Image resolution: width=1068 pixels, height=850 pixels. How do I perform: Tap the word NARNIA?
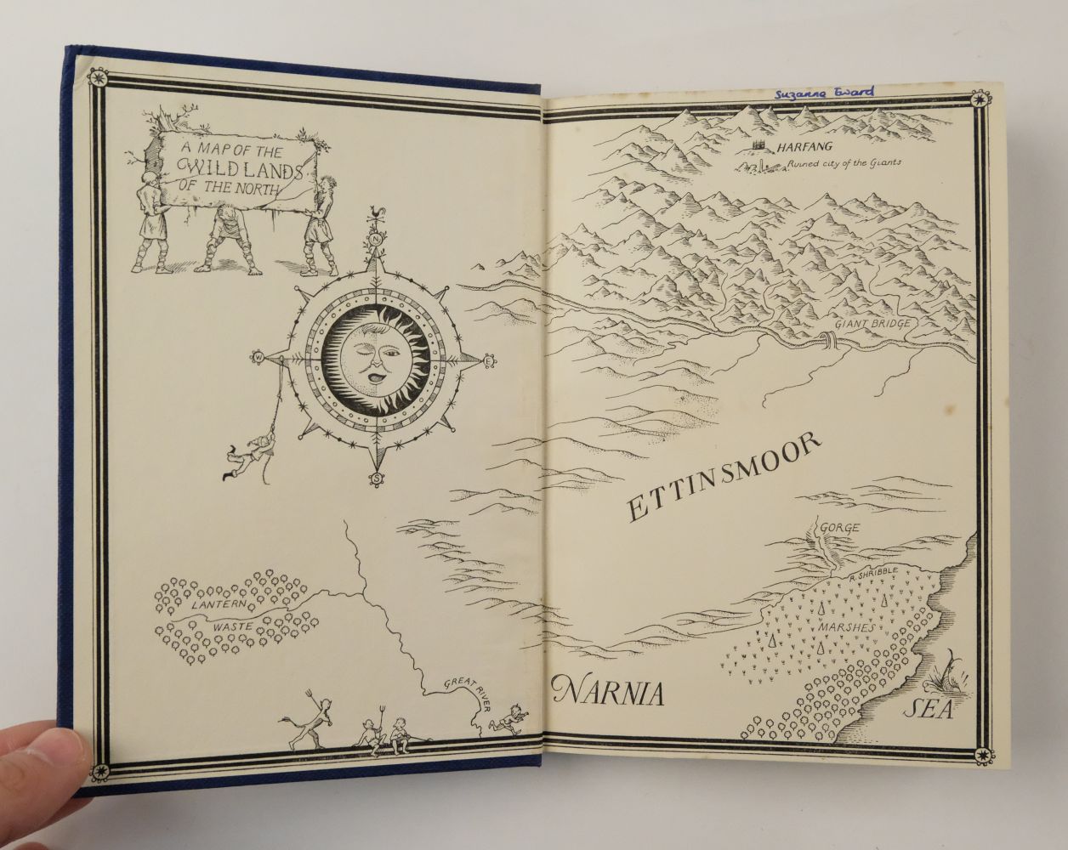607,692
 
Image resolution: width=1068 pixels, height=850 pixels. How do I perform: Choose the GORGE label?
838,528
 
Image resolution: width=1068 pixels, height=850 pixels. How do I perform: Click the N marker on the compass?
375,239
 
